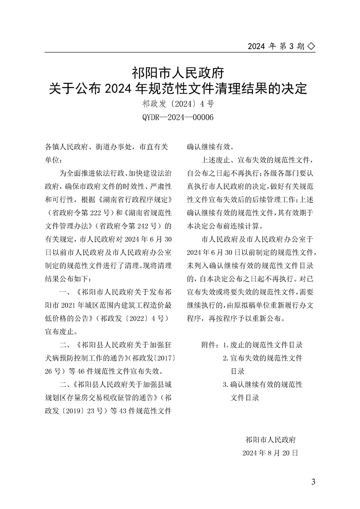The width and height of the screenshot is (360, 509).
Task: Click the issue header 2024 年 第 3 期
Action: tap(276, 46)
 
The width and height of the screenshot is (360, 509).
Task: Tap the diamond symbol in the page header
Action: tap(311, 46)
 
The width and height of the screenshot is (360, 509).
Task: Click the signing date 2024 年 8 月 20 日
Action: tap(270, 453)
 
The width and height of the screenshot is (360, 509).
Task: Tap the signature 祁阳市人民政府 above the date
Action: tap(271, 440)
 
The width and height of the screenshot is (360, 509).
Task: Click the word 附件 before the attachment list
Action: tap(207, 345)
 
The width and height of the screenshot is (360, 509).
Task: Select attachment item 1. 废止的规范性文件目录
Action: tap(262, 345)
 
